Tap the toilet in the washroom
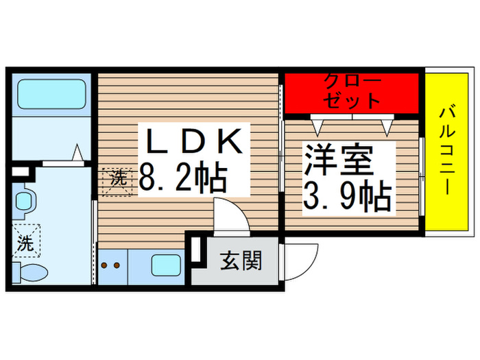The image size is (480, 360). [29, 272]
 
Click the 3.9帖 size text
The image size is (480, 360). [347, 197]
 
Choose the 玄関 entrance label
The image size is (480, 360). [241, 261]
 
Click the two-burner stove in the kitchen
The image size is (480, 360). [112, 265]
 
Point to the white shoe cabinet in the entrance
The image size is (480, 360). [195, 250]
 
